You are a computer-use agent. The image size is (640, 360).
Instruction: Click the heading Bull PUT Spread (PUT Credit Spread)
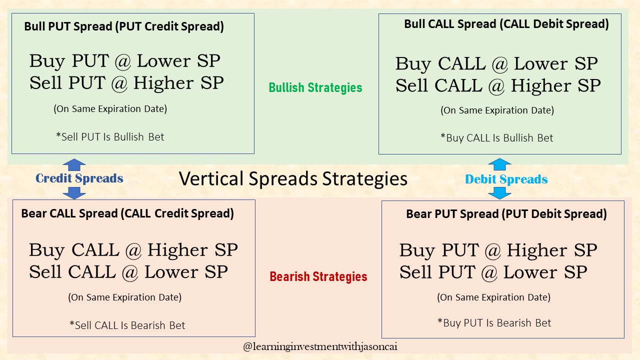(x=124, y=27)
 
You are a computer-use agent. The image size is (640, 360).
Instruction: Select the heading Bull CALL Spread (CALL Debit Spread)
(x=506, y=24)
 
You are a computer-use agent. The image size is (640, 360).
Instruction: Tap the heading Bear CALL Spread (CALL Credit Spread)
(x=127, y=213)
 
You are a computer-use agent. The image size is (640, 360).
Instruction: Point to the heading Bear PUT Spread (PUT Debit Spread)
(x=506, y=214)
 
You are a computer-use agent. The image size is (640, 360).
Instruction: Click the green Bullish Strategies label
(x=315, y=88)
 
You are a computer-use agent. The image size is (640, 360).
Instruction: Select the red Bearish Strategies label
(x=318, y=276)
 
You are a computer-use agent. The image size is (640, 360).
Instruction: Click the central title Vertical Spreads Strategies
(x=293, y=178)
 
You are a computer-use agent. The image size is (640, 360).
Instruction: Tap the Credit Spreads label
(x=79, y=178)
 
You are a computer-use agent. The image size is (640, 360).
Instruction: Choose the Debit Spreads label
(x=506, y=179)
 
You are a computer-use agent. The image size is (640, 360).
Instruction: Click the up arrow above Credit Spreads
(x=74, y=165)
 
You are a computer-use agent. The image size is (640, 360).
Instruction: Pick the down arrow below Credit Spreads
(x=74, y=192)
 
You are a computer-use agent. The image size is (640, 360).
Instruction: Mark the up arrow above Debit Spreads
(x=499, y=165)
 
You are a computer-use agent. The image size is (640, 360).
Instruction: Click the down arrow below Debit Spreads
(x=499, y=192)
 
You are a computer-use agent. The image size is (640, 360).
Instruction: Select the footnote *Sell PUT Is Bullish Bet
(x=110, y=136)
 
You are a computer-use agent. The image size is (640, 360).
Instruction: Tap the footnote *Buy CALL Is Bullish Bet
(x=496, y=138)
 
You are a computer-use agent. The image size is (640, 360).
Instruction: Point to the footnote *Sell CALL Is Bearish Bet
(x=127, y=325)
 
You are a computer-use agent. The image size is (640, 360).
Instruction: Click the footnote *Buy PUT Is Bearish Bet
(x=494, y=323)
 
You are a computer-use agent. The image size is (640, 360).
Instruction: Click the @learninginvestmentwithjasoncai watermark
(x=320, y=346)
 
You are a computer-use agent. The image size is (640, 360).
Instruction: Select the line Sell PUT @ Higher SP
(x=126, y=82)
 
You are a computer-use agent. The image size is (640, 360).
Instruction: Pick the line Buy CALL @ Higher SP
(x=133, y=249)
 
